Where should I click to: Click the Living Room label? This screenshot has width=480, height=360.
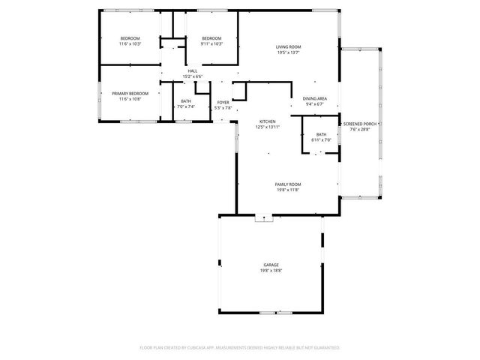[x=288, y=46]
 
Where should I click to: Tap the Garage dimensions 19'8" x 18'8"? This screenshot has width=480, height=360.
[x=271, y=270]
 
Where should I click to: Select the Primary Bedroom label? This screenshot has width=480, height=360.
[x=130, y=93]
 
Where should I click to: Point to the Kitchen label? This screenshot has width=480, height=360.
[x=268, y=121]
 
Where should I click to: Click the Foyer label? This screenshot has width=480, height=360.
[x=223, y=102]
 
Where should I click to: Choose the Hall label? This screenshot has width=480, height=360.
[x=193, y=71]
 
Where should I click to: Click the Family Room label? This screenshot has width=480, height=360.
[x=287, y=184]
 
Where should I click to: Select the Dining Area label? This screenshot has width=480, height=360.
[x=314, y=99]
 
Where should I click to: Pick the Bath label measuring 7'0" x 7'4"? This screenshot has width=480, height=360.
[x=185, y=101]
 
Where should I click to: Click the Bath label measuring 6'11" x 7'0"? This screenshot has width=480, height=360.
[x=321, y=135]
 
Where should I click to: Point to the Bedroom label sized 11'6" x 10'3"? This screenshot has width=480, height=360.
[x=130, y=38]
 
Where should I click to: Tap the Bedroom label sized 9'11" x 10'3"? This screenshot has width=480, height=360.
[x=211, y=38]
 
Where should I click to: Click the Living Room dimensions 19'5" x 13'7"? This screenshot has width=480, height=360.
[x=288, y=52]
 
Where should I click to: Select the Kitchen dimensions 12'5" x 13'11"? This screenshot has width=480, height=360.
[x=268, y=127]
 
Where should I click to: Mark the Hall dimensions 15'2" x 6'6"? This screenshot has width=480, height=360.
[x=193, y=76]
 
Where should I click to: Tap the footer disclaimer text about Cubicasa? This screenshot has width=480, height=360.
[x=240, y=348]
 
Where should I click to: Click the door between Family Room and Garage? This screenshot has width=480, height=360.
[x=264, y=218]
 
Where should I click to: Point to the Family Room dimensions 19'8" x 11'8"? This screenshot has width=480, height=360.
[x=287, y=190]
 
